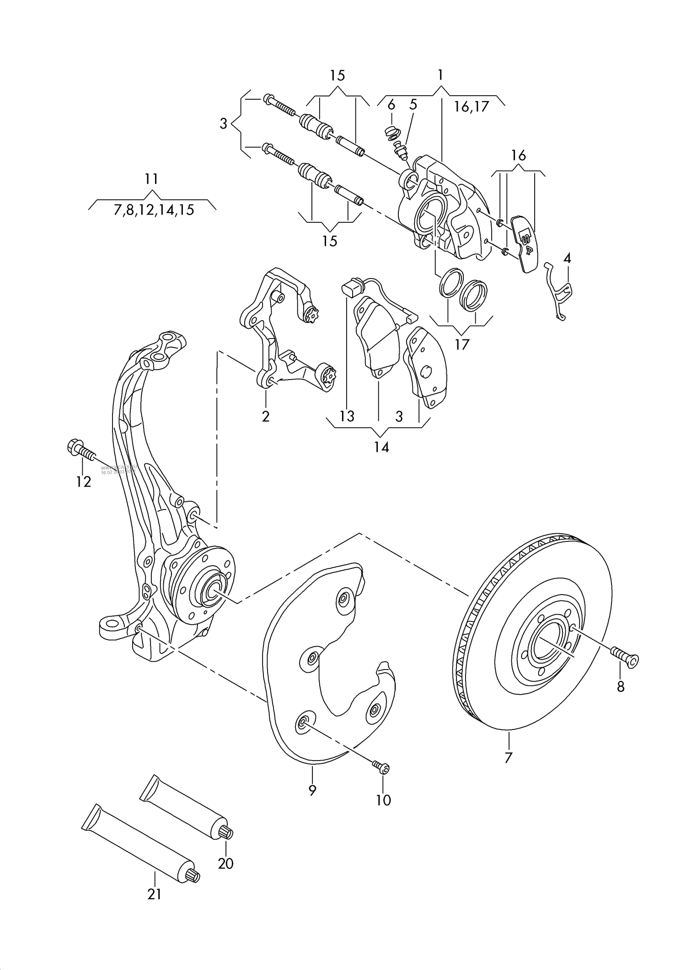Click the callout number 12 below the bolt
[x=84, y=482]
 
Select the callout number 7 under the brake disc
[x=508, y=758]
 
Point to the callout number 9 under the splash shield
[x=312, y=790]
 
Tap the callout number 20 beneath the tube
[x=225, y=863]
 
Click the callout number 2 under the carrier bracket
[x=266, y=416]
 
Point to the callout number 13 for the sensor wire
[x=347, y=416]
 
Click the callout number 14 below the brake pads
[x=381, y=447]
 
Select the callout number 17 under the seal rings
[x=462, y=344]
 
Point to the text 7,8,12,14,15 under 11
[x=154, y=210]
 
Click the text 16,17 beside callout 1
[x=472, y=107]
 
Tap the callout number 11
[x=151, y=178]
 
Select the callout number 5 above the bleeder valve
[x=413, y=105]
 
